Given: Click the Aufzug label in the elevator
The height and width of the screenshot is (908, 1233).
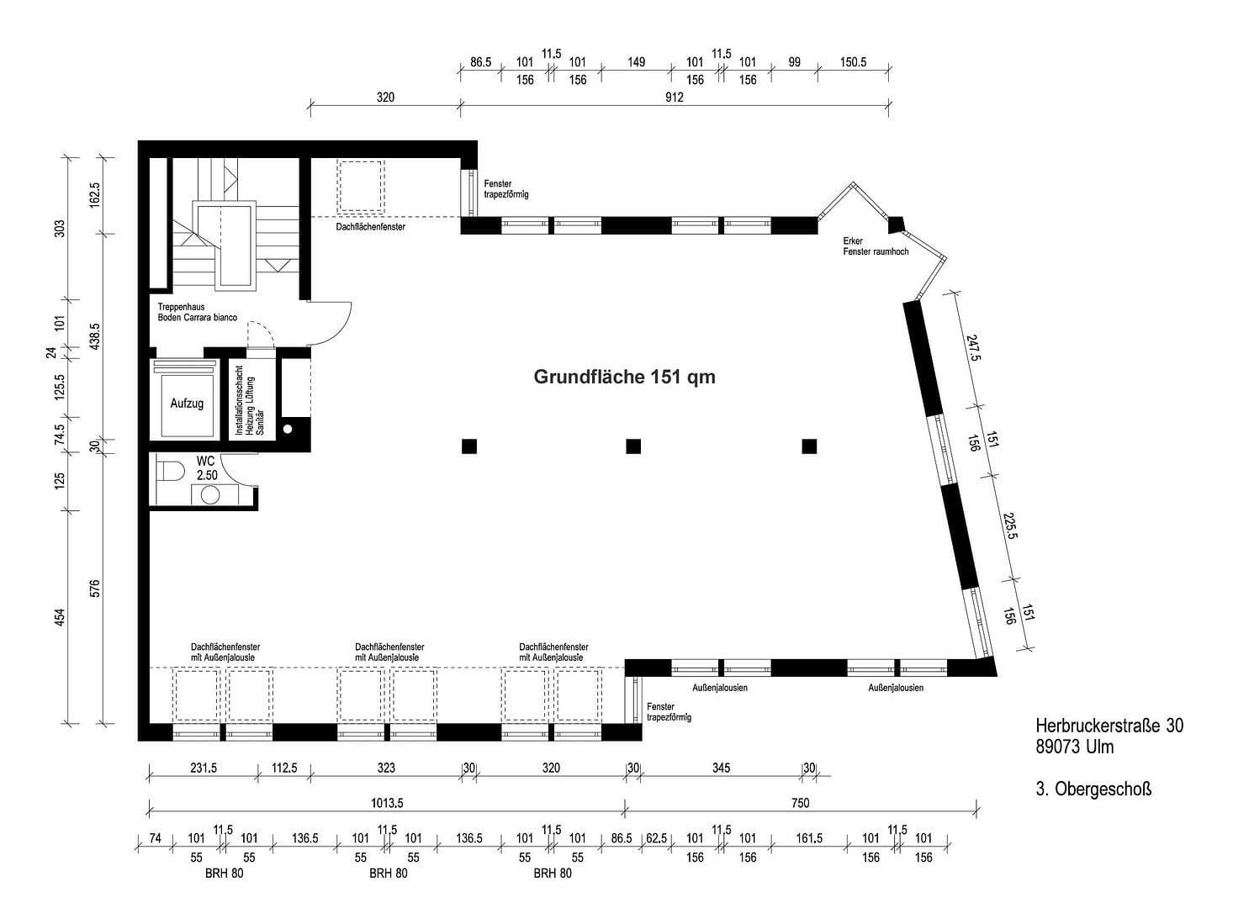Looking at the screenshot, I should point(187,404).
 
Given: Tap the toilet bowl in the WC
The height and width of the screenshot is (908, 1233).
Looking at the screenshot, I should point(171,471).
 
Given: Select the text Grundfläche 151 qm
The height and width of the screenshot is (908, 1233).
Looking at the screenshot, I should point(624,377).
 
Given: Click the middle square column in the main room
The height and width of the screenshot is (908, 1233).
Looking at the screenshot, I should point(633,446).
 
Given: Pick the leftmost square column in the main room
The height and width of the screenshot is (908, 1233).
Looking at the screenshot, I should point(469,446).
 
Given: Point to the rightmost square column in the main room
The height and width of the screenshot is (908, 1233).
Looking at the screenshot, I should point(809,446).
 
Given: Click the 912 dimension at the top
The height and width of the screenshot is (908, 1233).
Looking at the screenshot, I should point(674,98).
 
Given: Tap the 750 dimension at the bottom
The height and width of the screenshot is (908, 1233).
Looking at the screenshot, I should point(800,803).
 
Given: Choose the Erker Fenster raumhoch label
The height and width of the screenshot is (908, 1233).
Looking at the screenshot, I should point(875,246).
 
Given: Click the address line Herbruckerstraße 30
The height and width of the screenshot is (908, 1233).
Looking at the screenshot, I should point(1109,725).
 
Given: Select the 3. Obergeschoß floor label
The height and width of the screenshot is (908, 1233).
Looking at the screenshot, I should point(1093,789).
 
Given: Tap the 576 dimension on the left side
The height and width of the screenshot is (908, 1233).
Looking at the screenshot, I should point(95,588).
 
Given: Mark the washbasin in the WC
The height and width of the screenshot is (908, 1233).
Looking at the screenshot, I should point(209,494).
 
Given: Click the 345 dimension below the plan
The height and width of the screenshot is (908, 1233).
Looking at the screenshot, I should point(721,768).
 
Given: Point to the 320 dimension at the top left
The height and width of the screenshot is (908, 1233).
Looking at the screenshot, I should point(384,98).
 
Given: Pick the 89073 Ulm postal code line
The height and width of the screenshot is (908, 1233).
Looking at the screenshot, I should point(1075,747).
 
